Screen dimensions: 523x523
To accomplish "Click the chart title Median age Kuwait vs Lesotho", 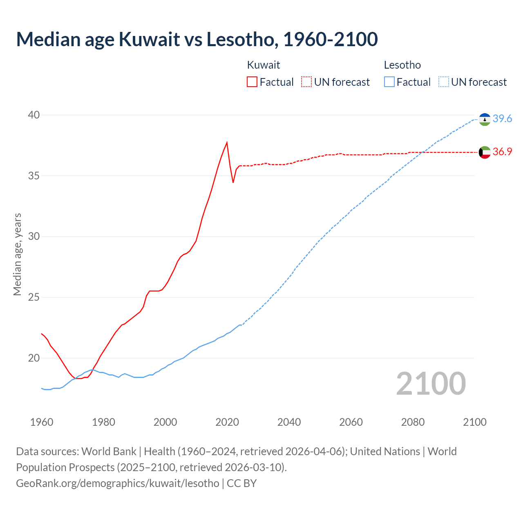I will (x=197, y=39).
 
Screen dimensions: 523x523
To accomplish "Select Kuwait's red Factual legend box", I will (x=252, y=82).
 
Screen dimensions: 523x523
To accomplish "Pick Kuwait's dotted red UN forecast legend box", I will (x=306, y=82).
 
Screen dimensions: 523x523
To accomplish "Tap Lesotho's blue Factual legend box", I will (x=389, y=82).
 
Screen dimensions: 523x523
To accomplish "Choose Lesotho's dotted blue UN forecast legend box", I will (x=444, y=82).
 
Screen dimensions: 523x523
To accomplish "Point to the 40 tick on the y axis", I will (x=34, y=115).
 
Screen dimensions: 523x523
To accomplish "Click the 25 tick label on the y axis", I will (x=34, y=297).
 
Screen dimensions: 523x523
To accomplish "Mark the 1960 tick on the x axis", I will (x=42, y=422).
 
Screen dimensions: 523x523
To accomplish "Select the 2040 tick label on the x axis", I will (x=289, y=422).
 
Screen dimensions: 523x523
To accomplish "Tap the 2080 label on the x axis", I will (x=413, y=422).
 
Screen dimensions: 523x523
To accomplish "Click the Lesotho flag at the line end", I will (x=485, y=119).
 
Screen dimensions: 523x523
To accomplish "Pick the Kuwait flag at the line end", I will (x=485, y=152).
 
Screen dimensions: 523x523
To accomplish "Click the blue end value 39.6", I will (x=502, y=118).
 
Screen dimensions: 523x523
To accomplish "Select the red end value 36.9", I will (x=502, y=152).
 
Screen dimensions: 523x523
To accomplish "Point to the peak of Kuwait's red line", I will (x=227, y=143).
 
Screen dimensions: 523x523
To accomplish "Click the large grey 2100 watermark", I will (x=431, y=383).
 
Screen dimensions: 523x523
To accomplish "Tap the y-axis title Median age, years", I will (x=17, y=254).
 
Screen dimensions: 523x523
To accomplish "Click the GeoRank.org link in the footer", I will (x=118, y=483).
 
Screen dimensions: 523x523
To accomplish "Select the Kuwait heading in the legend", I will (x=264, y=65).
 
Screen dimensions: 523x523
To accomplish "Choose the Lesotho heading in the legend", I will (x=402, y=65).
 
